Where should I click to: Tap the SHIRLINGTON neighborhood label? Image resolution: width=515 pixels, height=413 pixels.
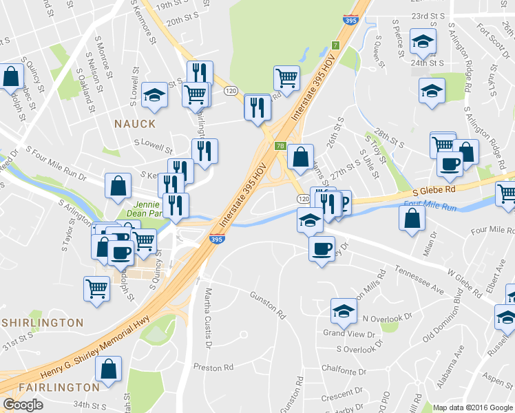pyautogui.click(x=43, y=322)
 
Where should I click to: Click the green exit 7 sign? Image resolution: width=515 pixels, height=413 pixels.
pyautogui.click(x=335, y=45)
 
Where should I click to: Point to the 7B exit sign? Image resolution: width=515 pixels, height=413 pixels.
pyautogui.click(x=280, y=146)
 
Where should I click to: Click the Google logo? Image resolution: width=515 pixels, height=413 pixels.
pyautogui.click(x=23, y=404)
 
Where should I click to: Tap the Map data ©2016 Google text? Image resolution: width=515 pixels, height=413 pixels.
pyautogui.click(x=473, y=407)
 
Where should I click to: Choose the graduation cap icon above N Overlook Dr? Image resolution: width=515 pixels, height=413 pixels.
pyautogui.click(x=344, y=310)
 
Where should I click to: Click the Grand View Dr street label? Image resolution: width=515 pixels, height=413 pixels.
pyautogui.click(x=349, y=333)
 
